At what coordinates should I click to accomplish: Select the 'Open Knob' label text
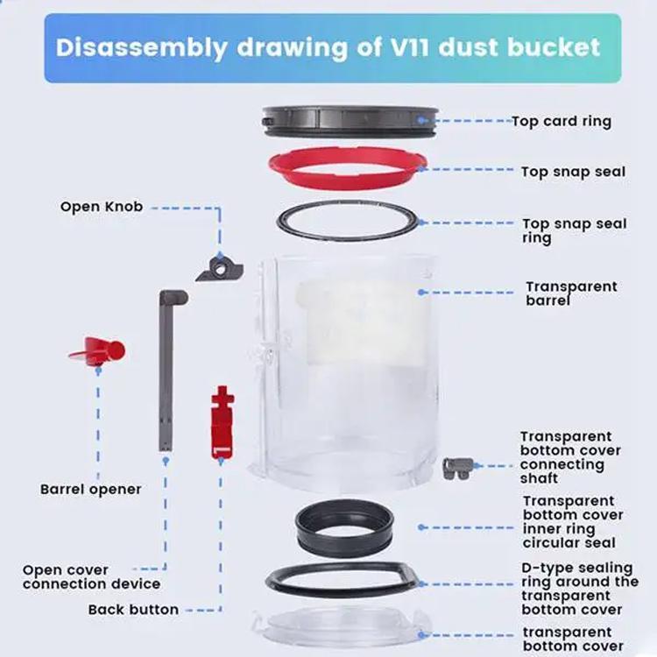coord(101,208)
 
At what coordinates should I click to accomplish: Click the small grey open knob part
coord(217,267)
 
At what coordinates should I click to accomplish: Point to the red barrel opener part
coord(97,350)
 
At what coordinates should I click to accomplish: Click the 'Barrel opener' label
coord(90,489)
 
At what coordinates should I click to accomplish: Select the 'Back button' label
coord(133,610)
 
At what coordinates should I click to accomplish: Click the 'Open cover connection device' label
coord(91,577)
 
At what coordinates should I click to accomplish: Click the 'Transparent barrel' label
coord(571,293)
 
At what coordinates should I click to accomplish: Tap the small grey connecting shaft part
coord(457,468)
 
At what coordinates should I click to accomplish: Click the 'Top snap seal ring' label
coord(575,231)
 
